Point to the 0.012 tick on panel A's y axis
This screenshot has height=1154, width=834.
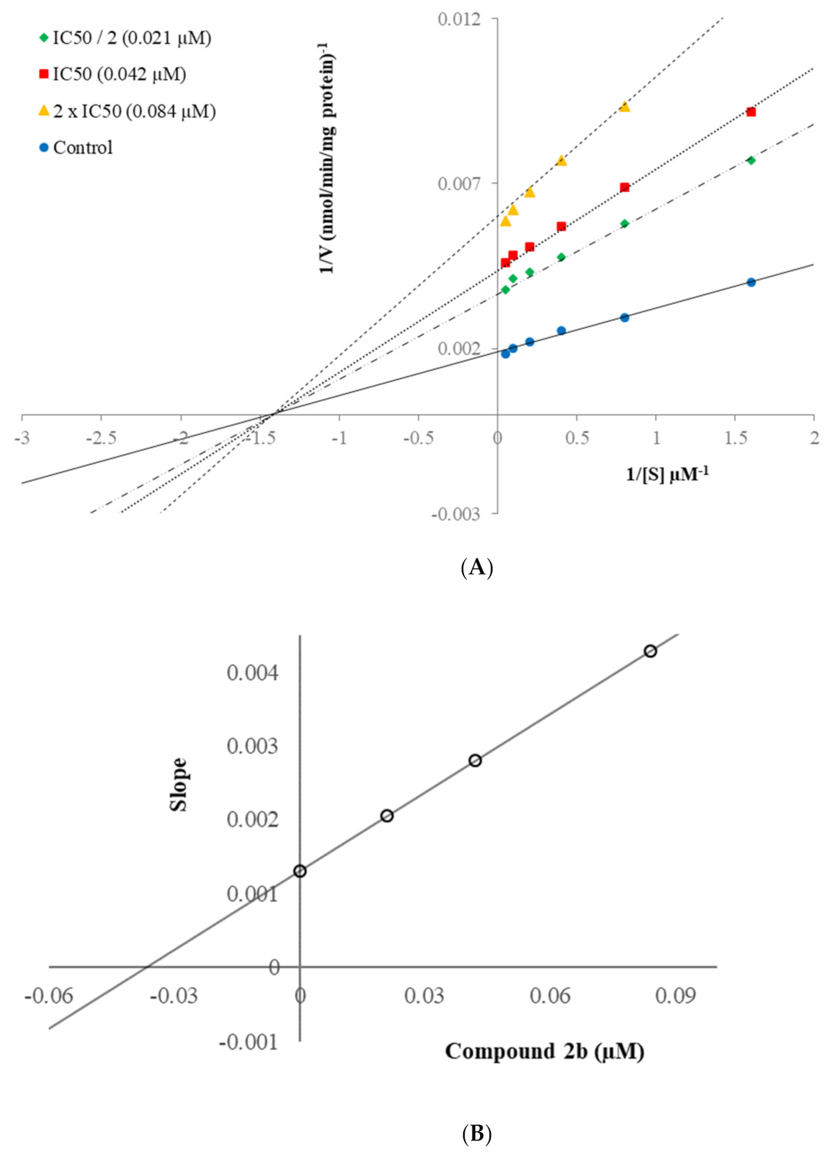click(459, 19)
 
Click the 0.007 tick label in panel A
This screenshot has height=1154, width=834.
click(459, 184)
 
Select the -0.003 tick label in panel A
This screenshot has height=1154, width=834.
click(456, 515)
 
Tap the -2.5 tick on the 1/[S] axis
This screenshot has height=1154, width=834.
click(101, 438)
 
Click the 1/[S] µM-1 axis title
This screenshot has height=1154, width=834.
click(667, 474)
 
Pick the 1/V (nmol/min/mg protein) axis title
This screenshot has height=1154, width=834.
click(327, 159)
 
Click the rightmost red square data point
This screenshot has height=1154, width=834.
click(751, 112)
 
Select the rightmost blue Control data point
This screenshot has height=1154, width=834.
click(751, 282)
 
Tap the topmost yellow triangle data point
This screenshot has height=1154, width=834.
click(624, 107)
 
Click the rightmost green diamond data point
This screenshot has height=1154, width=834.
click(751, 161)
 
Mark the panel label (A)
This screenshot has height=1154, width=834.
click(476, 567)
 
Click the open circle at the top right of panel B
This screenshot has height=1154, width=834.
click(650, 651)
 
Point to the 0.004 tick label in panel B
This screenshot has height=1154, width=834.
click(252, 673)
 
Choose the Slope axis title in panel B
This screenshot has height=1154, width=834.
click(179, 785)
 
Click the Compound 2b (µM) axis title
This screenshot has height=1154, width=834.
click(544, 1052)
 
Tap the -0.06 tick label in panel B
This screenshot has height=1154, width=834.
click(49, 997)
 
